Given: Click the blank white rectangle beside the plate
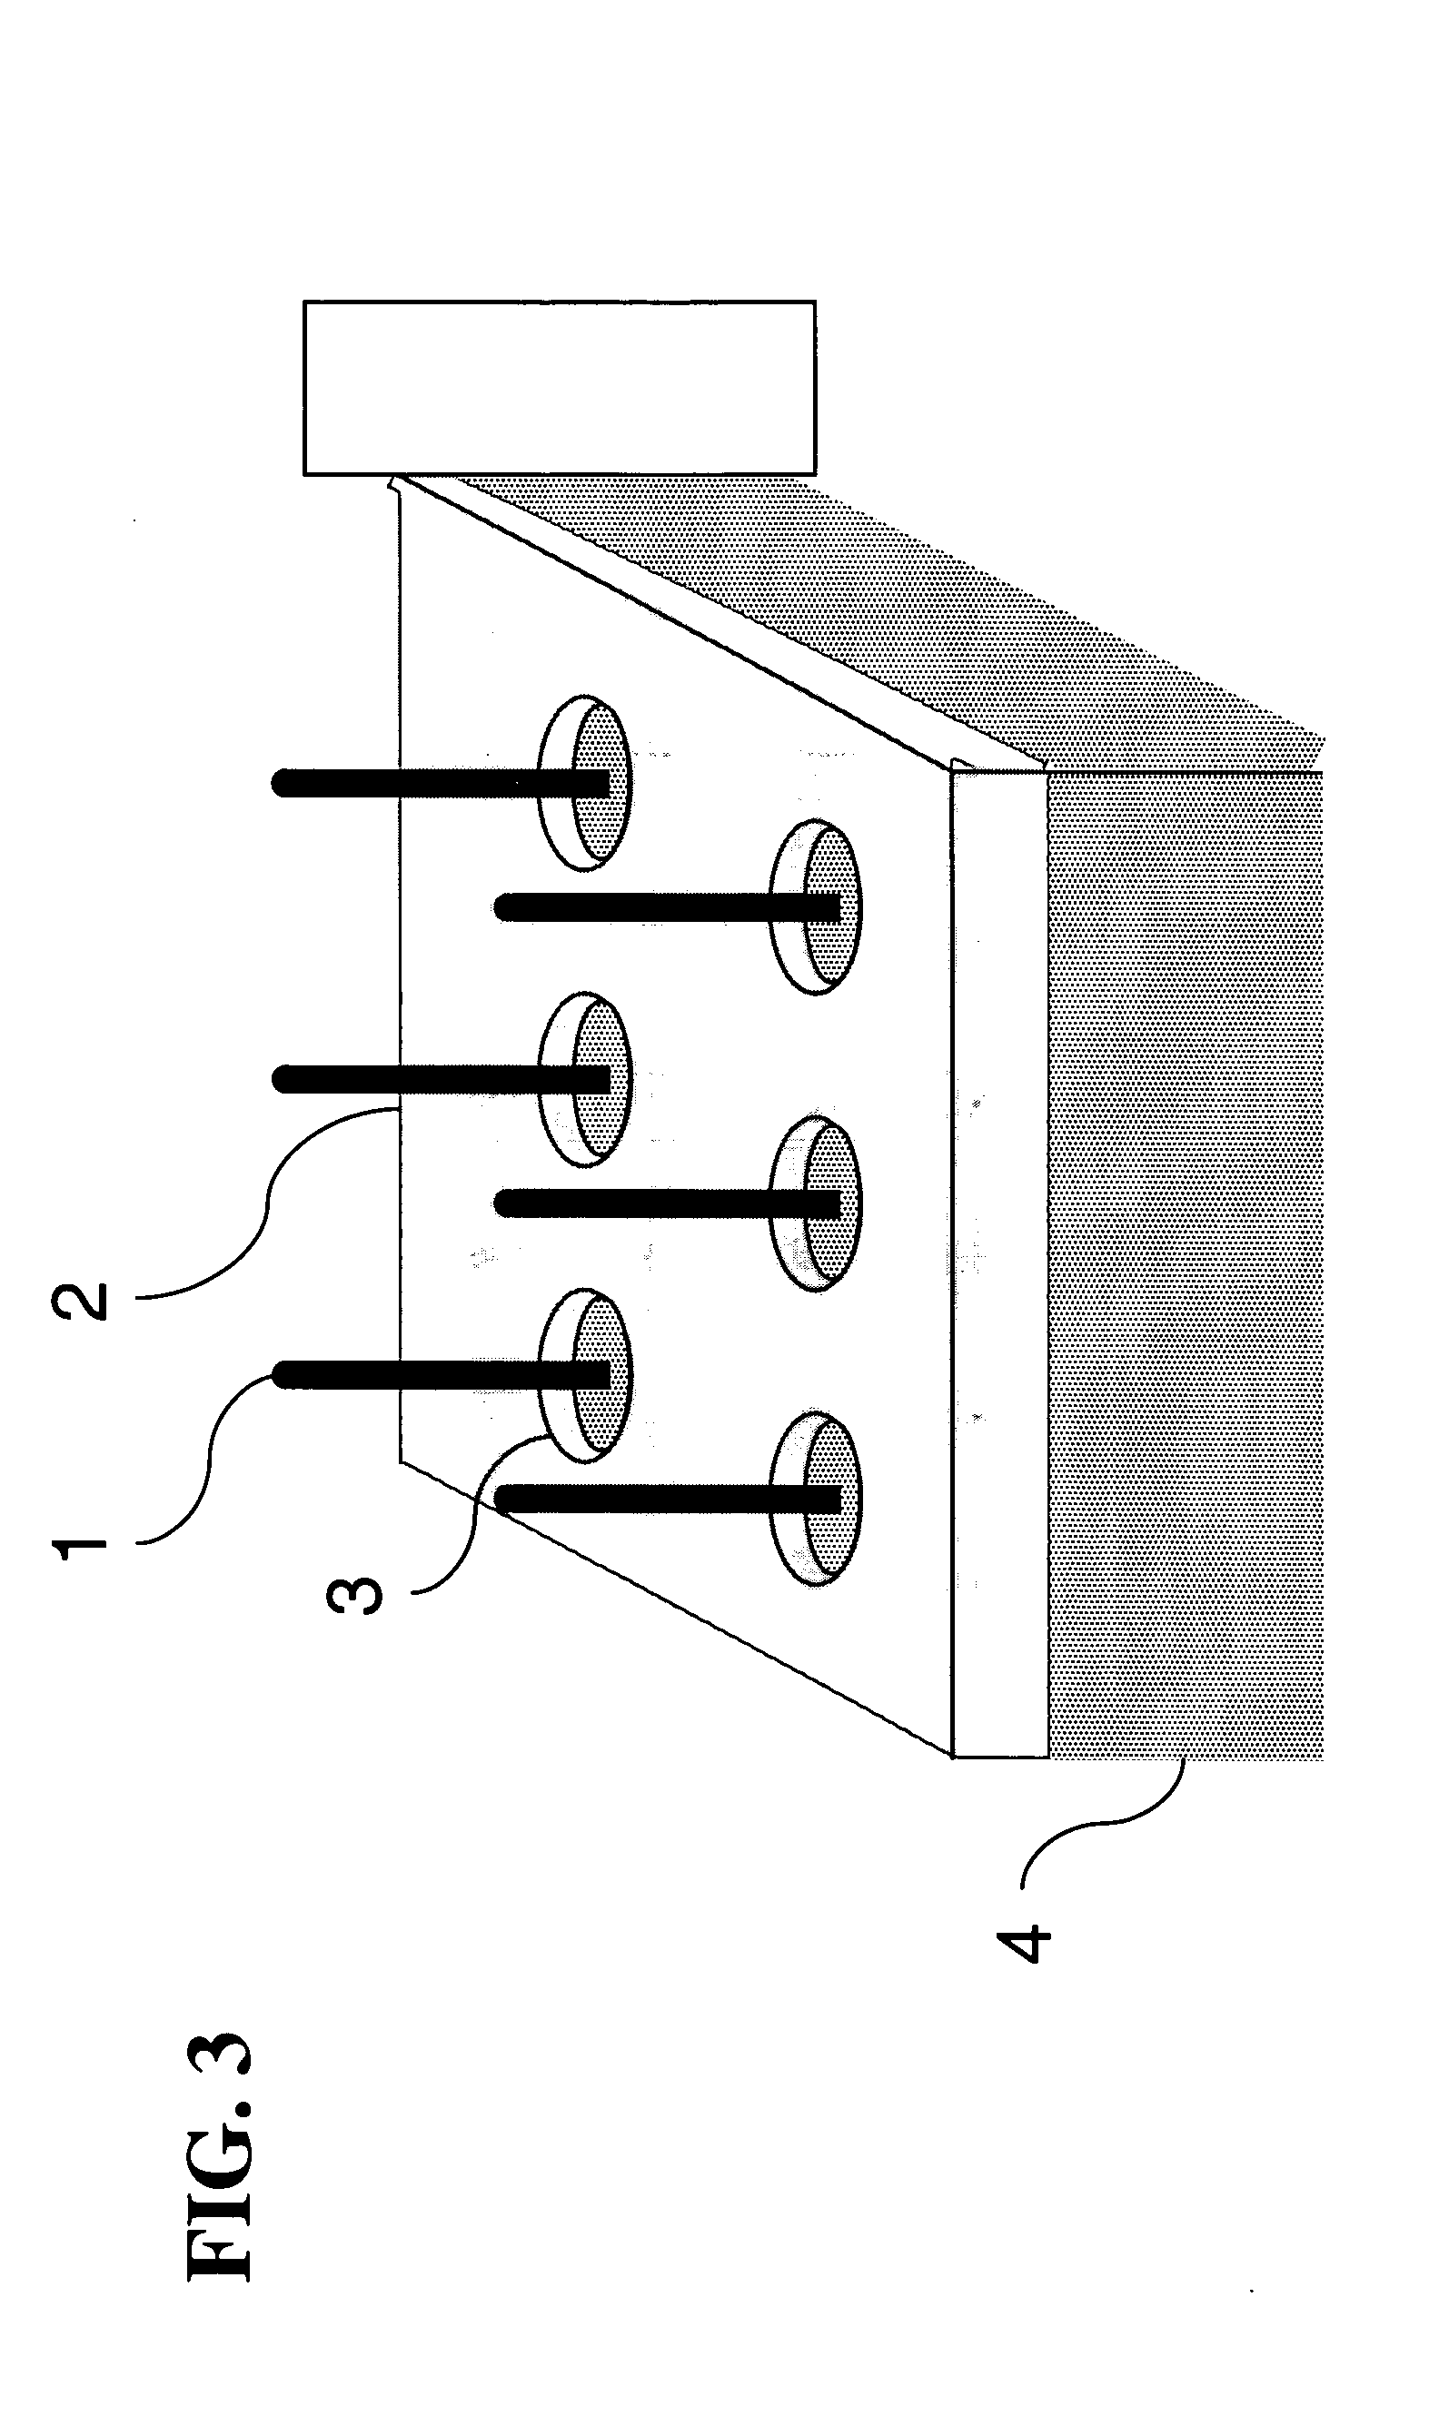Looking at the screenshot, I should [559, 388].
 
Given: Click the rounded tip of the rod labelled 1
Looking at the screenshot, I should [283, 1375].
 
